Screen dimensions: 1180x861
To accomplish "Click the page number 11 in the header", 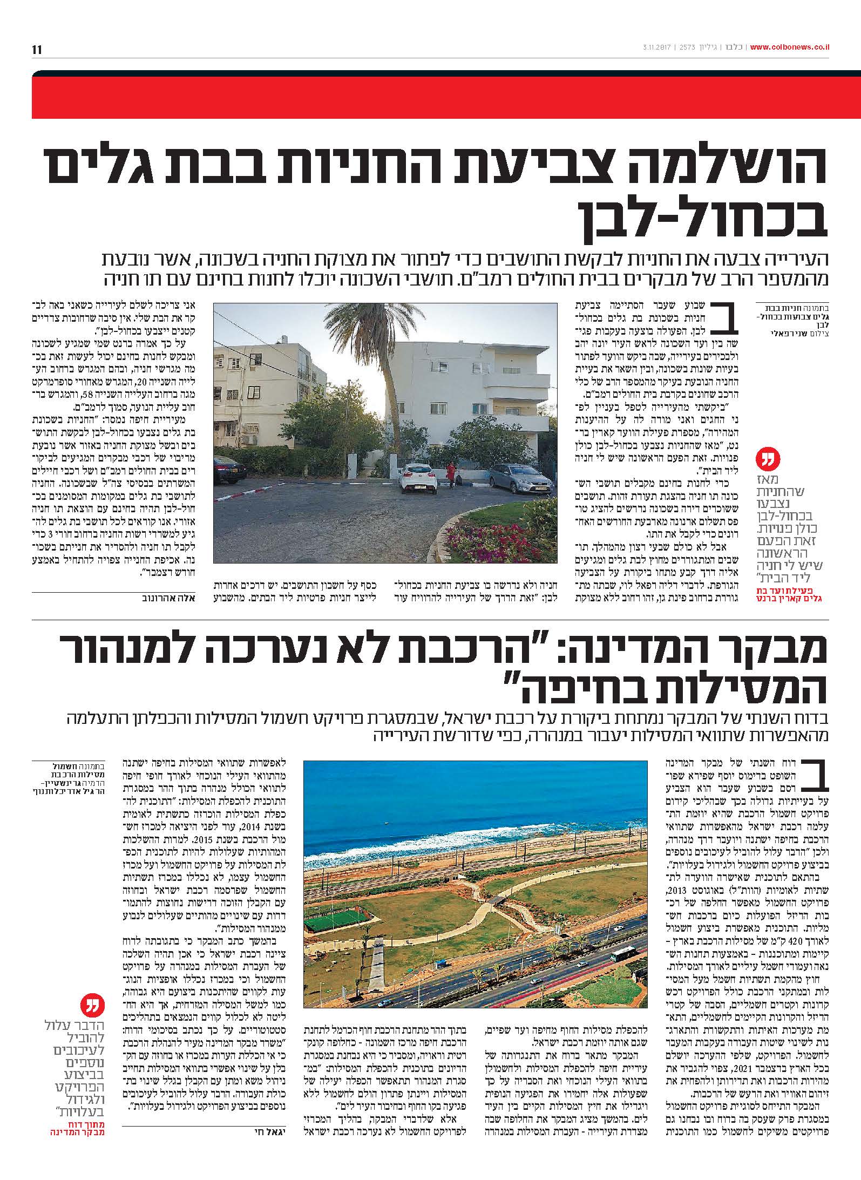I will coord(37,50).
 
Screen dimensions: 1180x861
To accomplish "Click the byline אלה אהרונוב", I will coord(169,598).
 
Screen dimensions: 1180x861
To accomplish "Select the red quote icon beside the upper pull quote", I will coord(771,458).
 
